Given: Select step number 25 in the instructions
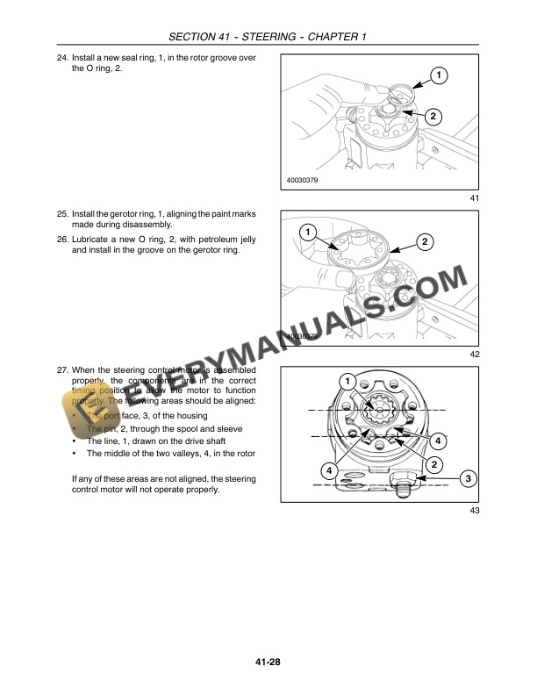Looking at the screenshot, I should point(62,214).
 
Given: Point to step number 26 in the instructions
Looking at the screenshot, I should point(62,239).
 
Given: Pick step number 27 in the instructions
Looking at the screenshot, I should point(62,370).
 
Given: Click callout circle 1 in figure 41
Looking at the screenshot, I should point(437,75).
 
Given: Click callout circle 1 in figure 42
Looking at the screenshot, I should point(308,233).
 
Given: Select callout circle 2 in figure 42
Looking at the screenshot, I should point(424,241).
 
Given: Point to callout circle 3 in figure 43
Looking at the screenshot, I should point(468,478).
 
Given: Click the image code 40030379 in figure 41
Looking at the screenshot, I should point(302,181).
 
